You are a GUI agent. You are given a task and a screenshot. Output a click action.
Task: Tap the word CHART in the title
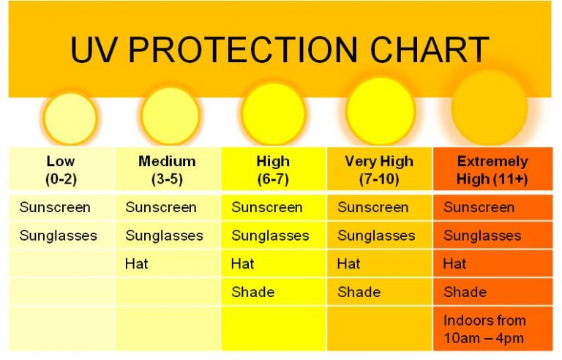430,49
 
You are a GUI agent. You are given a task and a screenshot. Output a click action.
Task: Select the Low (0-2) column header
61,170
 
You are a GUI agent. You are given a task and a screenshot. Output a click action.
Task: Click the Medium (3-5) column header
167,170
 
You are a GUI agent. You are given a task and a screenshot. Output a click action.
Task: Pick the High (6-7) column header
273,170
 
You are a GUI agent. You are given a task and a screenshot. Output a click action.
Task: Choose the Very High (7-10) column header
379,170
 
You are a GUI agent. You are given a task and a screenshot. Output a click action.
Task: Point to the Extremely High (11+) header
492,170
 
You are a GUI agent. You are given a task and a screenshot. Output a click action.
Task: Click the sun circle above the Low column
70,118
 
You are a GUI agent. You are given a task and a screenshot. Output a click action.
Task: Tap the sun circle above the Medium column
170,116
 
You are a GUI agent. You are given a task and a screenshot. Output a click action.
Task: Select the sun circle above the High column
273,113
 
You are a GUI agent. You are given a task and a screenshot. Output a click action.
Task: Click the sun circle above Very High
380,111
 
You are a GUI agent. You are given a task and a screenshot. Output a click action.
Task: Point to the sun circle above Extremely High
490,108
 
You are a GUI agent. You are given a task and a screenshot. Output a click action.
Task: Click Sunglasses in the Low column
59,236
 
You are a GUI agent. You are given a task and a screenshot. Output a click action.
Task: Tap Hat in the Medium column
137,264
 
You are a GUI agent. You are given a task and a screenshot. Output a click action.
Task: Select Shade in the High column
253,292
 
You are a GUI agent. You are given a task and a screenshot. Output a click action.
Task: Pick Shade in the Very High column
359,292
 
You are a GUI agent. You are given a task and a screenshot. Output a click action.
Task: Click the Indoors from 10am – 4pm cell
484,329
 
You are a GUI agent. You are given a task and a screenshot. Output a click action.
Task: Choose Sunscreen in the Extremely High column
479,207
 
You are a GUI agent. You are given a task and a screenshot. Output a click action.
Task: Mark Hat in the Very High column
349,264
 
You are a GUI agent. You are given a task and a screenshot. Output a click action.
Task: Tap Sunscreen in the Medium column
161,207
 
